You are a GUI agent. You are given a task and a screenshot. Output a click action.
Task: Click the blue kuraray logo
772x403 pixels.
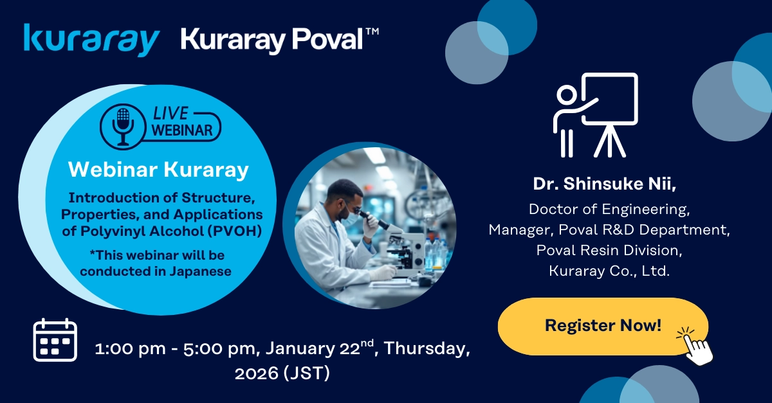tap(91, 39)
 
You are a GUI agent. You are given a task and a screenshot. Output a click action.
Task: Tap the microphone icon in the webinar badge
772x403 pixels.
tap(123, 125)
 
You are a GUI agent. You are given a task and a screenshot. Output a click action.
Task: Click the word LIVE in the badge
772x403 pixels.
tap(170, 114)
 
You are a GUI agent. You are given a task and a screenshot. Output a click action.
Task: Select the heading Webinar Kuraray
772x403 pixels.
tap(158, 170)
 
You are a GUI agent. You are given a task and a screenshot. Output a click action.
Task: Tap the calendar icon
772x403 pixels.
tap(55, 340)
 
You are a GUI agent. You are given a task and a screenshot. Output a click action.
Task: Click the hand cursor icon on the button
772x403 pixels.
tap(695, 345)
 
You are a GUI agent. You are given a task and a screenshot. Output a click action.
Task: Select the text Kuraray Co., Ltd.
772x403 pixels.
tap(609, 271)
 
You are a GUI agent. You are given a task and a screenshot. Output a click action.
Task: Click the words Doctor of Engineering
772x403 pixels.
tap(609, 209)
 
